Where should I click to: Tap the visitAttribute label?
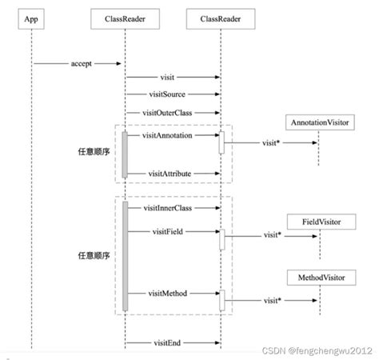click(169, 173)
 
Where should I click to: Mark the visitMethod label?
click(168, 294)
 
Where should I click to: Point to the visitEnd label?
click(166, 342)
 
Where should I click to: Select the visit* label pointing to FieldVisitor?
click(271, 235)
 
